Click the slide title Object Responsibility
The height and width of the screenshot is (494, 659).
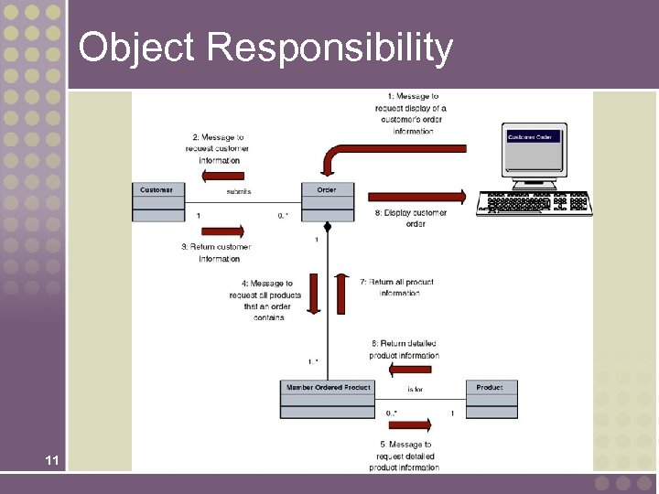pos(265,48)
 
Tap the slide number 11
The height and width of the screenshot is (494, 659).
pos(52,461)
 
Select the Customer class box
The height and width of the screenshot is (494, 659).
pos(157,202)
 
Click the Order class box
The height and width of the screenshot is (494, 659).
pos(327,202)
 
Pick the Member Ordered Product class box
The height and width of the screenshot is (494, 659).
pos(328,399)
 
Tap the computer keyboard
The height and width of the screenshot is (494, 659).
pos(538,202)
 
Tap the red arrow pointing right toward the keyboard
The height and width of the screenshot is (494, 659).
pos(416,197)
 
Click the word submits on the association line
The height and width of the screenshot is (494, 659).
pos(238,191)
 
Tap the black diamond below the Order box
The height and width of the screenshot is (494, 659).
pos(327,227)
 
